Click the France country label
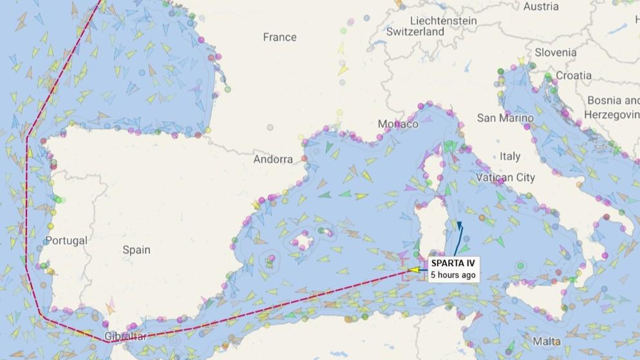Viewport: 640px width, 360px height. pyautogui.click(x=279, y=37)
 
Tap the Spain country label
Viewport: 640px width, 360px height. pyautogui.click(x=136, y=250)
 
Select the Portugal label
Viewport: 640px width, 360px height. pyautogui.click(x=66, y=240)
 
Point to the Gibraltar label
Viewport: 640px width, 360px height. pyautogui.click(x=126, y=337)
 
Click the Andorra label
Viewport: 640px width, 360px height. pyautogui.click(x=273, y=159)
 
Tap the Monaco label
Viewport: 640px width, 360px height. pyautogui.click(x=398, y=124)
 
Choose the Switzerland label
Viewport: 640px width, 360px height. pyautogui.click(x=415, y=32)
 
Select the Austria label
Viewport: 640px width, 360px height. pyautogui.click(x=541, y=6)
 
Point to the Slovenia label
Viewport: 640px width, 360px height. pyautogui.click(x=555, y=53)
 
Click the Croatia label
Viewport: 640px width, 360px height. pyautogui.click(x=573, y=75)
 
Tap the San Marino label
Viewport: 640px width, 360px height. pyautogui.click(x=505, y=118)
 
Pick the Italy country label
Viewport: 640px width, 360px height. pyautogui.click(x=510, y=156)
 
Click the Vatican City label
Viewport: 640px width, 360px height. pyautogui.click(x=505, y=177)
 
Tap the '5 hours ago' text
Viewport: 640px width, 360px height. pyautogui.click(x=453, y=275)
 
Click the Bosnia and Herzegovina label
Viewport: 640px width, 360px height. pyautogui.click(x=612, y=107)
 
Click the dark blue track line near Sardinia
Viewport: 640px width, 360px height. pyautogui.click(x=458, y=239)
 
